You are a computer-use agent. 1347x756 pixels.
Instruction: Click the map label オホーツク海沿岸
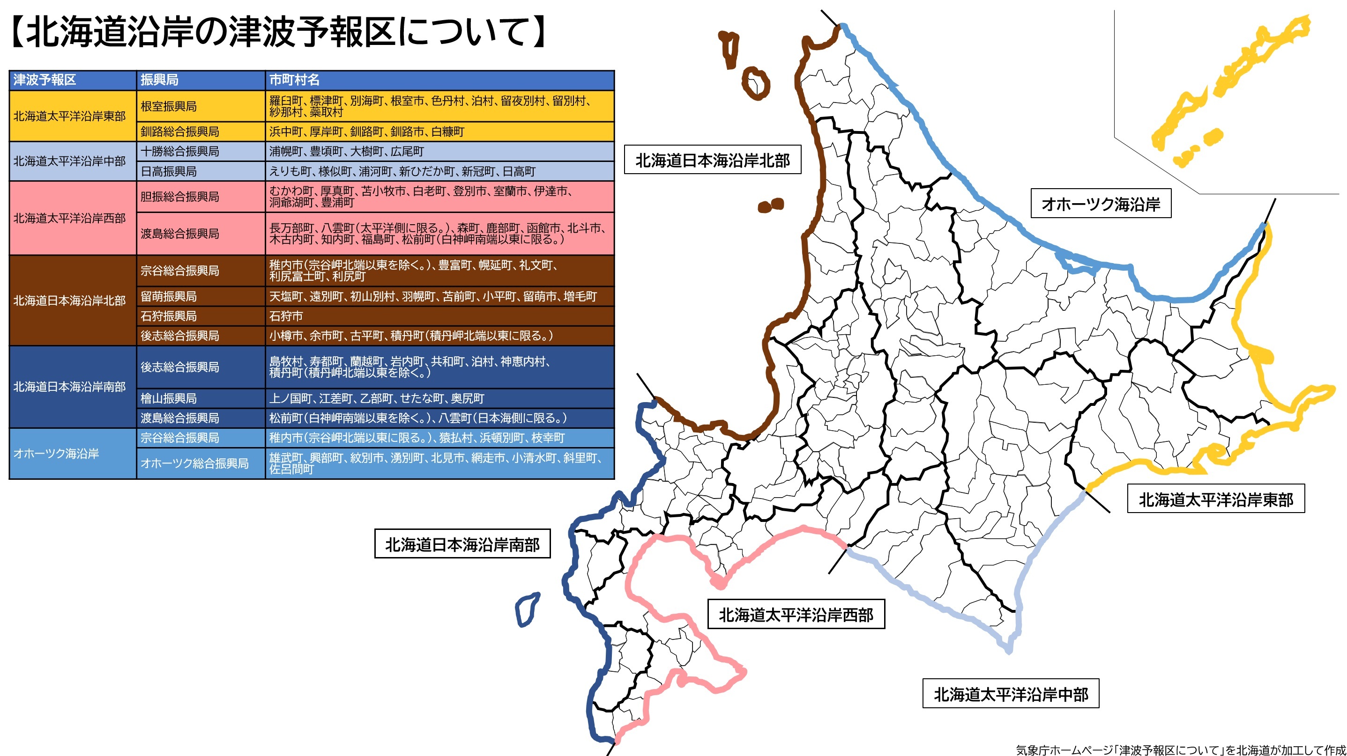click(x=1100, y=204)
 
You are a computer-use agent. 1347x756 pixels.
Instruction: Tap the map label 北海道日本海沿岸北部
click(x=712, y=160)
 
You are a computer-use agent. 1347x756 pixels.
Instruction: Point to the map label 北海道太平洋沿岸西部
click(x=796, y=615)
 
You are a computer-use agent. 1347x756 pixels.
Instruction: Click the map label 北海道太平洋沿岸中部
click(x=1010, y=694)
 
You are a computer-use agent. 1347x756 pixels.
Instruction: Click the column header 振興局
click(x=159, y=80)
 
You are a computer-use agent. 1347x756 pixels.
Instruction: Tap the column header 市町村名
click(x=294, y=80)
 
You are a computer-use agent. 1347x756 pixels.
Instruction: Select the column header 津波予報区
click(x=45, y=80)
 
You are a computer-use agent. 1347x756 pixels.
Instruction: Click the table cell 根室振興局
click(x=168, y=106)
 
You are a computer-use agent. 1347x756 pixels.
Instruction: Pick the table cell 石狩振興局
click(x=168, y=316)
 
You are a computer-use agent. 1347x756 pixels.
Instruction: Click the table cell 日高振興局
click(x=168, y=171)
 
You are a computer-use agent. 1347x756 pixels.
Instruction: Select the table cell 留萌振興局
click(x=168, y=296)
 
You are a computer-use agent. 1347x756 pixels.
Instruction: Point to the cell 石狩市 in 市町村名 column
click(x=286, y=316)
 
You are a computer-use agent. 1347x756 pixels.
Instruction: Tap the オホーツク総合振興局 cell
click(x=194, y=463)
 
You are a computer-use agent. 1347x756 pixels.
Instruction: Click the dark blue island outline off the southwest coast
click(x=527, y=609)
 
